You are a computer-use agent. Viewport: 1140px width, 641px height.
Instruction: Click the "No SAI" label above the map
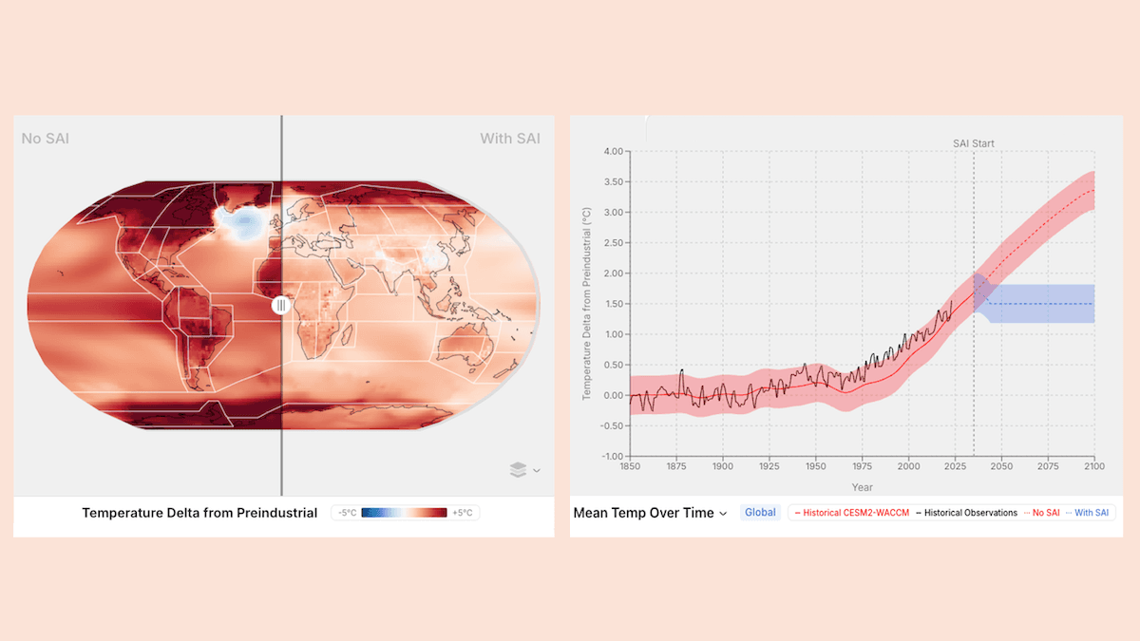tap(46, 139)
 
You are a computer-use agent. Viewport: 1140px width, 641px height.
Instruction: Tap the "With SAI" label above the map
tap(510, 139)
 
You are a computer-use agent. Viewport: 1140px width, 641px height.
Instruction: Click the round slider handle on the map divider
tap(280, 306)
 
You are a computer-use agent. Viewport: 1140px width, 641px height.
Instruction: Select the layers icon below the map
tap(518, 469)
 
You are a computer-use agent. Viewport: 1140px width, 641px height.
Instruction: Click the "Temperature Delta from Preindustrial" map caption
tap(199, 513)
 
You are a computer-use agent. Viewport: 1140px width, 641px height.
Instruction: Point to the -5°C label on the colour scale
tap(348, 513)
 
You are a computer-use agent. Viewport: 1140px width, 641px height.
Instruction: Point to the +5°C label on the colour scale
tap(462, 513)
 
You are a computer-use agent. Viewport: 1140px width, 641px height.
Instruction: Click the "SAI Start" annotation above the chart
tap(974, 143)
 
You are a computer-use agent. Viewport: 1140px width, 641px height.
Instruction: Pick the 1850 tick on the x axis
tap(630, 466)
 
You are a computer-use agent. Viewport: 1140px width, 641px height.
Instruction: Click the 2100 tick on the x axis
tap(1094, 466)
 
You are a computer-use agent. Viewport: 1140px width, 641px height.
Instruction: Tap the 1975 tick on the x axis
tap(863, 466)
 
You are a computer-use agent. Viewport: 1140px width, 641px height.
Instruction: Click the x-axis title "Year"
tap(862, 487)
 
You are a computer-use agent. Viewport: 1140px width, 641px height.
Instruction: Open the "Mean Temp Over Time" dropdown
tap(651, 513)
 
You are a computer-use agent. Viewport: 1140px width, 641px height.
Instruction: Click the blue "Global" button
tap(760, 513)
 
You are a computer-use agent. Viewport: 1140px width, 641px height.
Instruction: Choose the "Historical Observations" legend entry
tap(965, 513)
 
